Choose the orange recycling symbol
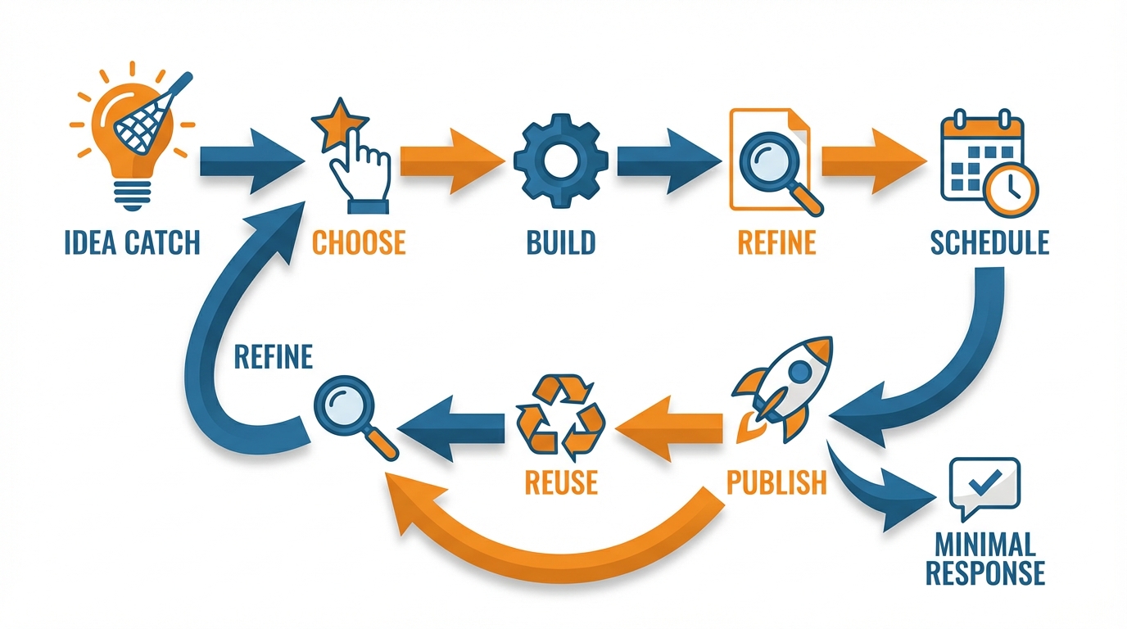coord(561,415)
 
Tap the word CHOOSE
coord(359,242)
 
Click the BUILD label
coord(561,242)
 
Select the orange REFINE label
coord(776,242)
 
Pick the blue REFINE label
coord(273,358)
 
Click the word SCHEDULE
coord(989,242)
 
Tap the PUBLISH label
coord(776,482)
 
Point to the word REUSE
coord(561,482)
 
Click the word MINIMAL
coord(985,544)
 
